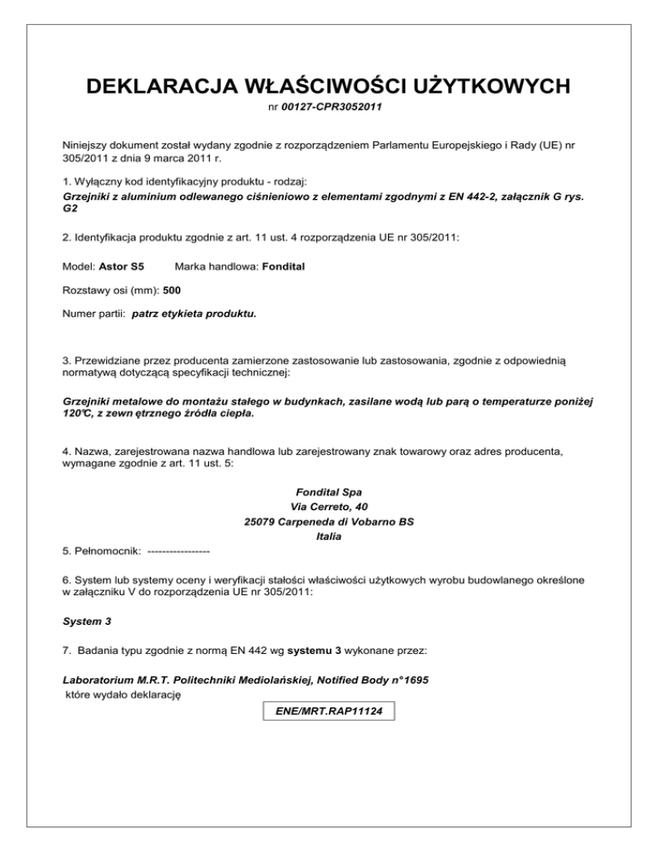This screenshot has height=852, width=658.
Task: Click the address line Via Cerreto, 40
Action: (329, 507)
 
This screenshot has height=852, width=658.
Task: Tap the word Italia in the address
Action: (329, 537)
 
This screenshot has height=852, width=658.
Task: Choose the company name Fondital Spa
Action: (329, 492)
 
